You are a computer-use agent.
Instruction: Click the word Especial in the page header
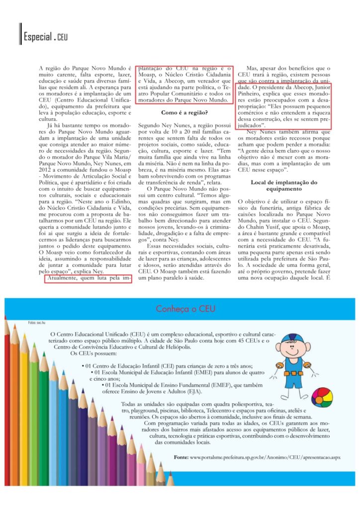[37, 37]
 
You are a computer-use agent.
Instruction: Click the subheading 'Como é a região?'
[184, 112]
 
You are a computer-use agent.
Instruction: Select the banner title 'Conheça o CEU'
[185, 309]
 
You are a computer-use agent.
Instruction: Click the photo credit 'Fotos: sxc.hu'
[38, 323]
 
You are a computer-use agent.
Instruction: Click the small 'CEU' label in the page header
[62, 38]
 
